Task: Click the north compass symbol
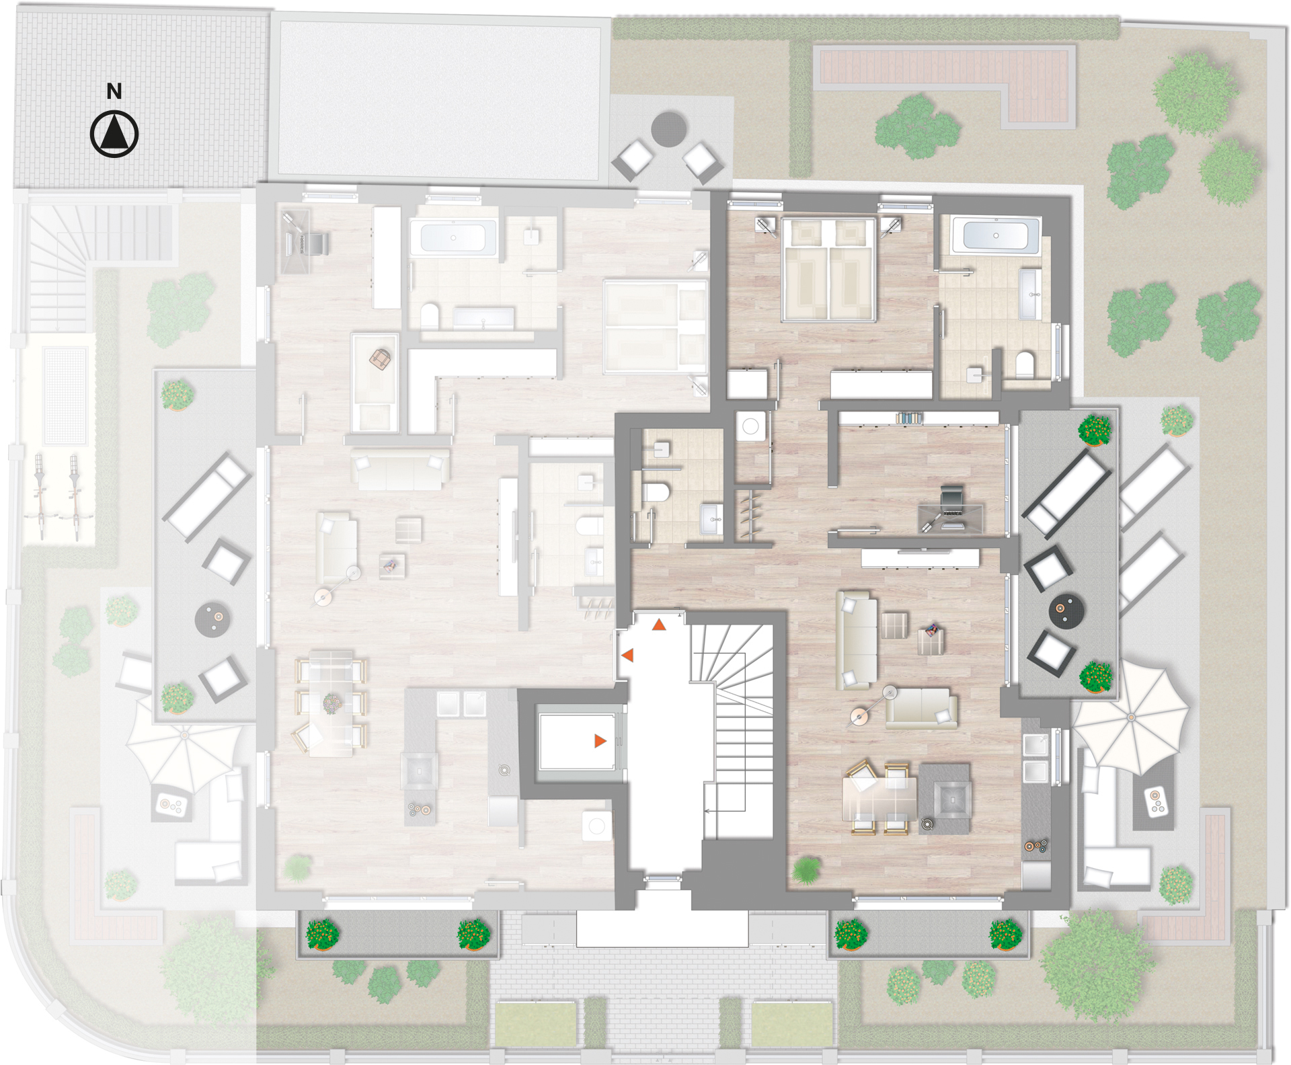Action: [x=114, y=134]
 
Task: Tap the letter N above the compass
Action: [x=114, y=91]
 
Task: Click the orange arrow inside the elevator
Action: [x=600, y=741]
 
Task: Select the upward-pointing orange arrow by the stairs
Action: [x=659, y=625]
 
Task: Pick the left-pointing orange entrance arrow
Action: [x=627, y=654]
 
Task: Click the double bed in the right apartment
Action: [x=828, y=268]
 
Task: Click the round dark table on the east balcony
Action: [x=1067, y=610]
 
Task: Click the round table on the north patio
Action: [x=668, y=129]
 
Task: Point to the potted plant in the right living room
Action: [x=806, y=870]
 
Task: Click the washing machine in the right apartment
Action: [x=751, y=426]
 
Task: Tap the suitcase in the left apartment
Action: [x=381, y=359]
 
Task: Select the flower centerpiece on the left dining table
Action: [x=332, y=704]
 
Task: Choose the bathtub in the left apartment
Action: [x=453, y=238]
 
